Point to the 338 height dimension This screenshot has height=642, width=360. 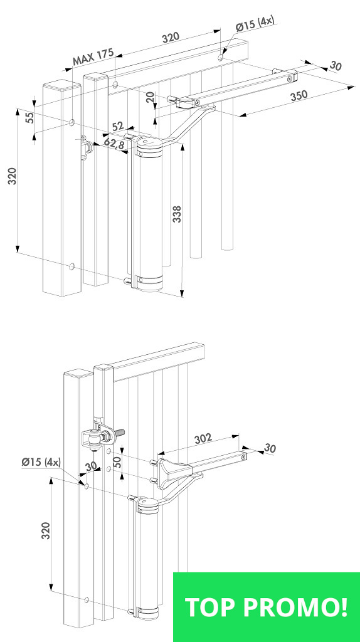[x=177, y=214]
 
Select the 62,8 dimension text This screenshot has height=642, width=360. [x=114, y=144]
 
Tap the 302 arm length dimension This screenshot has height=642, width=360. [x=203, y=438]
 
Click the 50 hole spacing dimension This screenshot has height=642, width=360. [x=118, y=461]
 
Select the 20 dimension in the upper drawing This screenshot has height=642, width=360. [x=151, y=97]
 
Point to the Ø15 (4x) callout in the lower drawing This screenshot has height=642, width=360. [x=41, y=462]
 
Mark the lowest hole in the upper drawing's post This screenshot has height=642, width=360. [x=71, y=267]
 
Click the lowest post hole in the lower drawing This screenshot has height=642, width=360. [x=87, y=600]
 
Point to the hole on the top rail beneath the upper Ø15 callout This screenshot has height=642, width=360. [x=221, y=57]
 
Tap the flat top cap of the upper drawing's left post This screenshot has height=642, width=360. [x=60, y=85]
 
